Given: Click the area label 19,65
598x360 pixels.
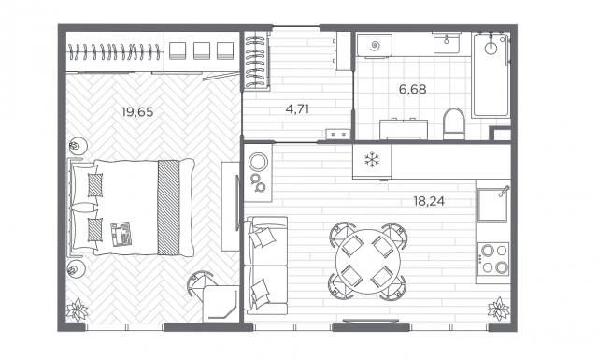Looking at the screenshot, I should click(137, 111).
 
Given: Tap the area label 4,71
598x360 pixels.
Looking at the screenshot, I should click(297, 108).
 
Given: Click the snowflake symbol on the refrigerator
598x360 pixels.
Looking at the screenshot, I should click(371, 160).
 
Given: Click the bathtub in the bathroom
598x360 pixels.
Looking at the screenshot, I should click(490, 75).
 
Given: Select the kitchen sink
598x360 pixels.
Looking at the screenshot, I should click(492, 203).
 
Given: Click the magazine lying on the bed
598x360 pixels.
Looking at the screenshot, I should click(121, 234).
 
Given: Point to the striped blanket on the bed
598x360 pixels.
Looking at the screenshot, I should click(168, 208).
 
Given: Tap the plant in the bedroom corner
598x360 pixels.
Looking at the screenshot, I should click(77, 309).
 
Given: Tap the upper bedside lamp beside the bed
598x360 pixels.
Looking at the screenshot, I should click(78, 147).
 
